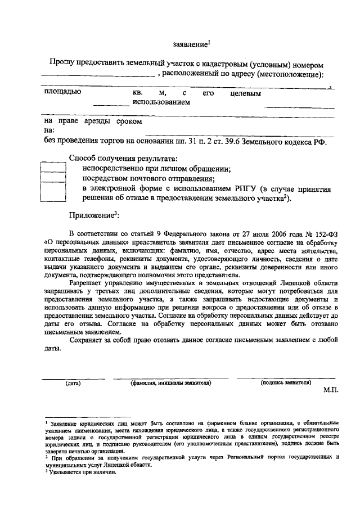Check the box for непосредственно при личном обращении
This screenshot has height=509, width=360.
tap(54, 167)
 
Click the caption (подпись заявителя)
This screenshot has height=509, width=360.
tap(286, 383)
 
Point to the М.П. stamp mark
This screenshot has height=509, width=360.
tap(331, 390)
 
